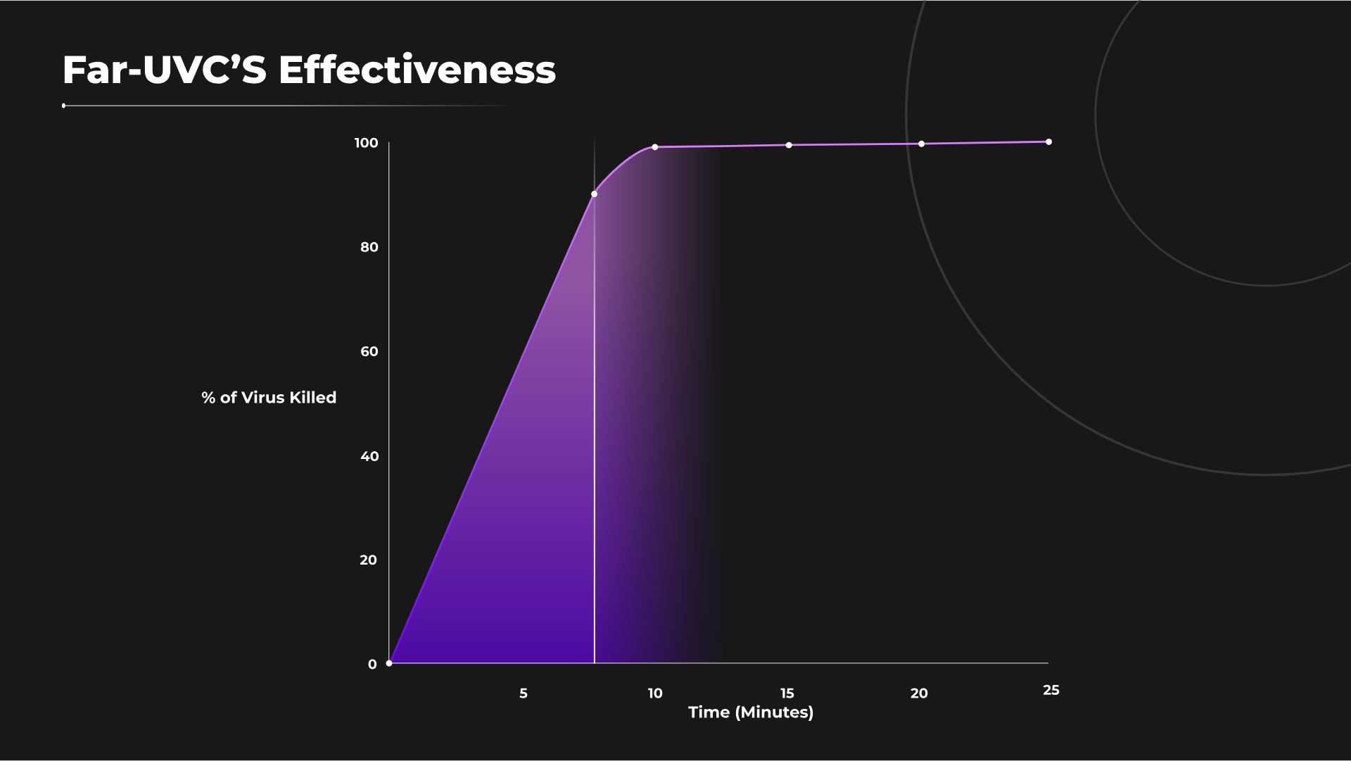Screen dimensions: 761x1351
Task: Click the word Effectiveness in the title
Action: point(417,70)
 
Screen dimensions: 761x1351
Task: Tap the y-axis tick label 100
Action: point(366,144)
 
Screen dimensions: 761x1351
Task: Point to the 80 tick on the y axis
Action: point(369,248)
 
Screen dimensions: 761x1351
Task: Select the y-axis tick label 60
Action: point(369,352)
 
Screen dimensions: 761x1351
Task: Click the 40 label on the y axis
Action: point(369,456)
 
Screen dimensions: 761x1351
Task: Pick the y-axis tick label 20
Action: point(368,560)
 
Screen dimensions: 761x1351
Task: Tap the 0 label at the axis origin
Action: point(372,665)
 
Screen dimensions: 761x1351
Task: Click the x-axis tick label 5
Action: point(523,693)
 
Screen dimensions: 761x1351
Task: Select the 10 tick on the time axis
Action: point(654,693)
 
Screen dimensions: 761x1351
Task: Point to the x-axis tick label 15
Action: point(787,693)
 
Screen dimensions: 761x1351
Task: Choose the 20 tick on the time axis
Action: point(918,693)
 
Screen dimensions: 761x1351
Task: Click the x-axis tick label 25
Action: point(1051,691)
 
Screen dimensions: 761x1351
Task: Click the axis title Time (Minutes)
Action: point(750,712)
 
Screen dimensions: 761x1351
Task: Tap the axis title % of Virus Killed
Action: point(269,398)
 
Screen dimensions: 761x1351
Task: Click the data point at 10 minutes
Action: point(654,147)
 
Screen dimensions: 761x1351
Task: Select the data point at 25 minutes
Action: point(1048,142)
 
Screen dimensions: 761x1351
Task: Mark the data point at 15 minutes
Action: point(788,145)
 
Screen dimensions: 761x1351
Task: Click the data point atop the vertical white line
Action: point(594,194)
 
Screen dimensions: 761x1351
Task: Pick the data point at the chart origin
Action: point(389,663)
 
